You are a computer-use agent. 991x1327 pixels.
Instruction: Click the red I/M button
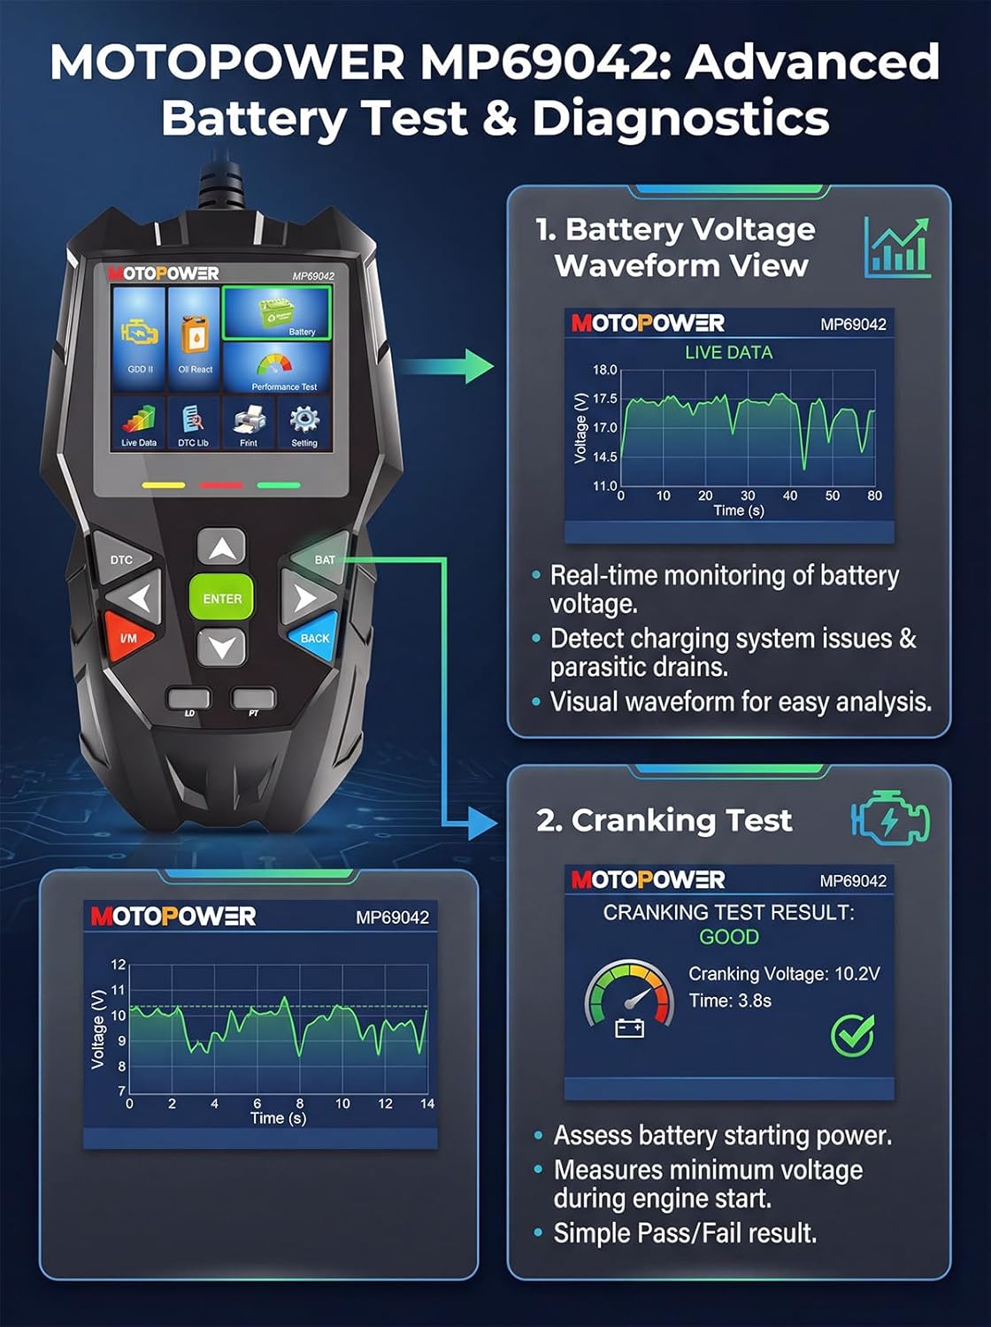tap(128, 637)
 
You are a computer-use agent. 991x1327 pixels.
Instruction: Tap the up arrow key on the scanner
tap(222, 548)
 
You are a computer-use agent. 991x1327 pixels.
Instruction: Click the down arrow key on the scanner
tap(222, 648)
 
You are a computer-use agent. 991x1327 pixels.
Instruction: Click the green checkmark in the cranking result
tap(853, 1035)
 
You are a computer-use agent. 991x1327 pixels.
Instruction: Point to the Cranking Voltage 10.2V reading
tap(784, 974)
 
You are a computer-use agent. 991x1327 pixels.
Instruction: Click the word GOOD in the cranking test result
tap(728, 937)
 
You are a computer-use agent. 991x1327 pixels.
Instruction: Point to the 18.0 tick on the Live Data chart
tap(604, 370)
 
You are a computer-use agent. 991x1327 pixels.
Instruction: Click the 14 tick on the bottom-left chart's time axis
tap(426, 1104)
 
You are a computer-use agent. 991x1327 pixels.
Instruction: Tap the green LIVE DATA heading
tap(728, 352)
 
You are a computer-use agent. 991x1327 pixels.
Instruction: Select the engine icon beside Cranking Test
tap(891, 819)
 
